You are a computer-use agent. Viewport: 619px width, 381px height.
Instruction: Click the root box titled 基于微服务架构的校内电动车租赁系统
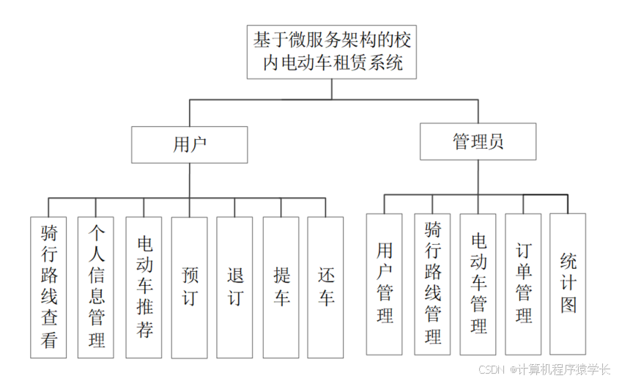point(332,51)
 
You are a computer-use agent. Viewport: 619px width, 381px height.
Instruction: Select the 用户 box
point(189,144)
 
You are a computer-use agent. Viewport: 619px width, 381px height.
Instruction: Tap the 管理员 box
point(478,142)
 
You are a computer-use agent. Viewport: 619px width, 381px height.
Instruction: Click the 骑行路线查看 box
point(49,287)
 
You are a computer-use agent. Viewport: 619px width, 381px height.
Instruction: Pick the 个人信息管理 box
point(96,287)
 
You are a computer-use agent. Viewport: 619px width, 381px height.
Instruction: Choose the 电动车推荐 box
point(144,287)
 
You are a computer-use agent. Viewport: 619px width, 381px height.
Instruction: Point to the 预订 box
point(190,287)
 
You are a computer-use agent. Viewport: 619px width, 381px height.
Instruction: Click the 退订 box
point(234,287)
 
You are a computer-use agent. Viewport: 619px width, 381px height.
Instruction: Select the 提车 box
point(281,287)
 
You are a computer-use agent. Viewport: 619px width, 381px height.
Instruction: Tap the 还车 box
point(326,287)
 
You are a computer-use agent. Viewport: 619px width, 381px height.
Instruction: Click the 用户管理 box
point(385,284)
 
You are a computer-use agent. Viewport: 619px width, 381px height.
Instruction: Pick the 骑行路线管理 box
point(432,284)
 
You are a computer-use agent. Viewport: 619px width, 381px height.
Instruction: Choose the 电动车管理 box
point(478,284)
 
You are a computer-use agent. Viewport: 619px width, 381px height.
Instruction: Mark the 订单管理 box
point(523,284)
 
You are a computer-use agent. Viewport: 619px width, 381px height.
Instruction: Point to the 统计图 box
point(568,284)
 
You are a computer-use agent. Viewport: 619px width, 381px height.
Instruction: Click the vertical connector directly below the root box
point(332,89)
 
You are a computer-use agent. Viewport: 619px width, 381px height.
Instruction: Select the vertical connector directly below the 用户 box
point(189,180)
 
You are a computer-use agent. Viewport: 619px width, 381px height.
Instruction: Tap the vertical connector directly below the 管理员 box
point(478,177)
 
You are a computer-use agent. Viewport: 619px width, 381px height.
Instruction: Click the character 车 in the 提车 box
point(281,298)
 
